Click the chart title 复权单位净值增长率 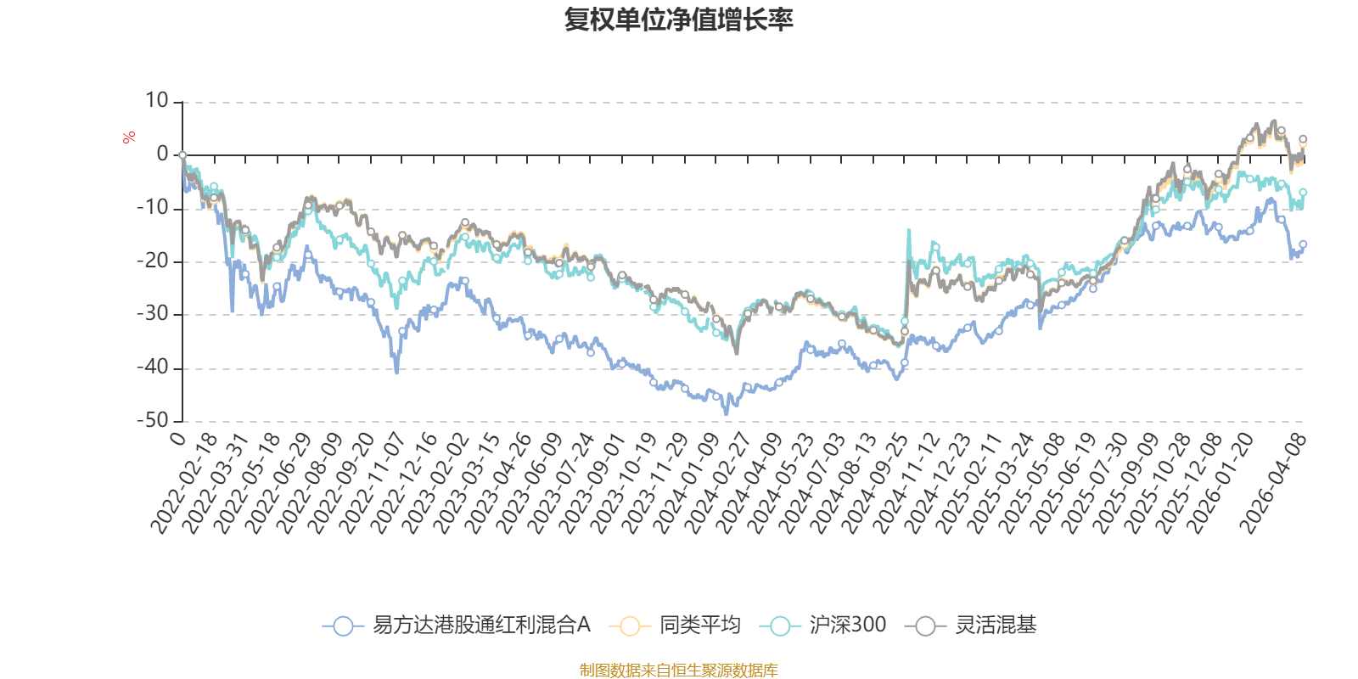tap(678, 20)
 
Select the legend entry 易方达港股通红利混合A tap(457, 625)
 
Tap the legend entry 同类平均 tap(675, 625)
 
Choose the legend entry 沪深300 tap(822, 625)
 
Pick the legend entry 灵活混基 tap(971, 625)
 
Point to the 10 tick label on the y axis tap(156, 101)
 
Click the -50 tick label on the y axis tap(153, 421)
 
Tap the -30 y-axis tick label tap(153, 314)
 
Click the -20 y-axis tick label tap(153, 261)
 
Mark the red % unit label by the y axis tap(128, 137)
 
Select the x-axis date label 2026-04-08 tap(1272, 483)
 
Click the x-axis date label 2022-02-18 tap(183, 483)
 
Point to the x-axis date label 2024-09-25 tap(874, 483)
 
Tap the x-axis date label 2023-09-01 tap(592, 483)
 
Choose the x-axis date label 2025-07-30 tap(1094, 483)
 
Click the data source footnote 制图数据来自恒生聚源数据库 tap(678, 670)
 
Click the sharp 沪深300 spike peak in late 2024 tap(909, 230)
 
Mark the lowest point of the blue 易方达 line tap(727, 415)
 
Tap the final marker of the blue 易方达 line tap(1303, 244)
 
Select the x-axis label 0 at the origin tap(177, 438)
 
